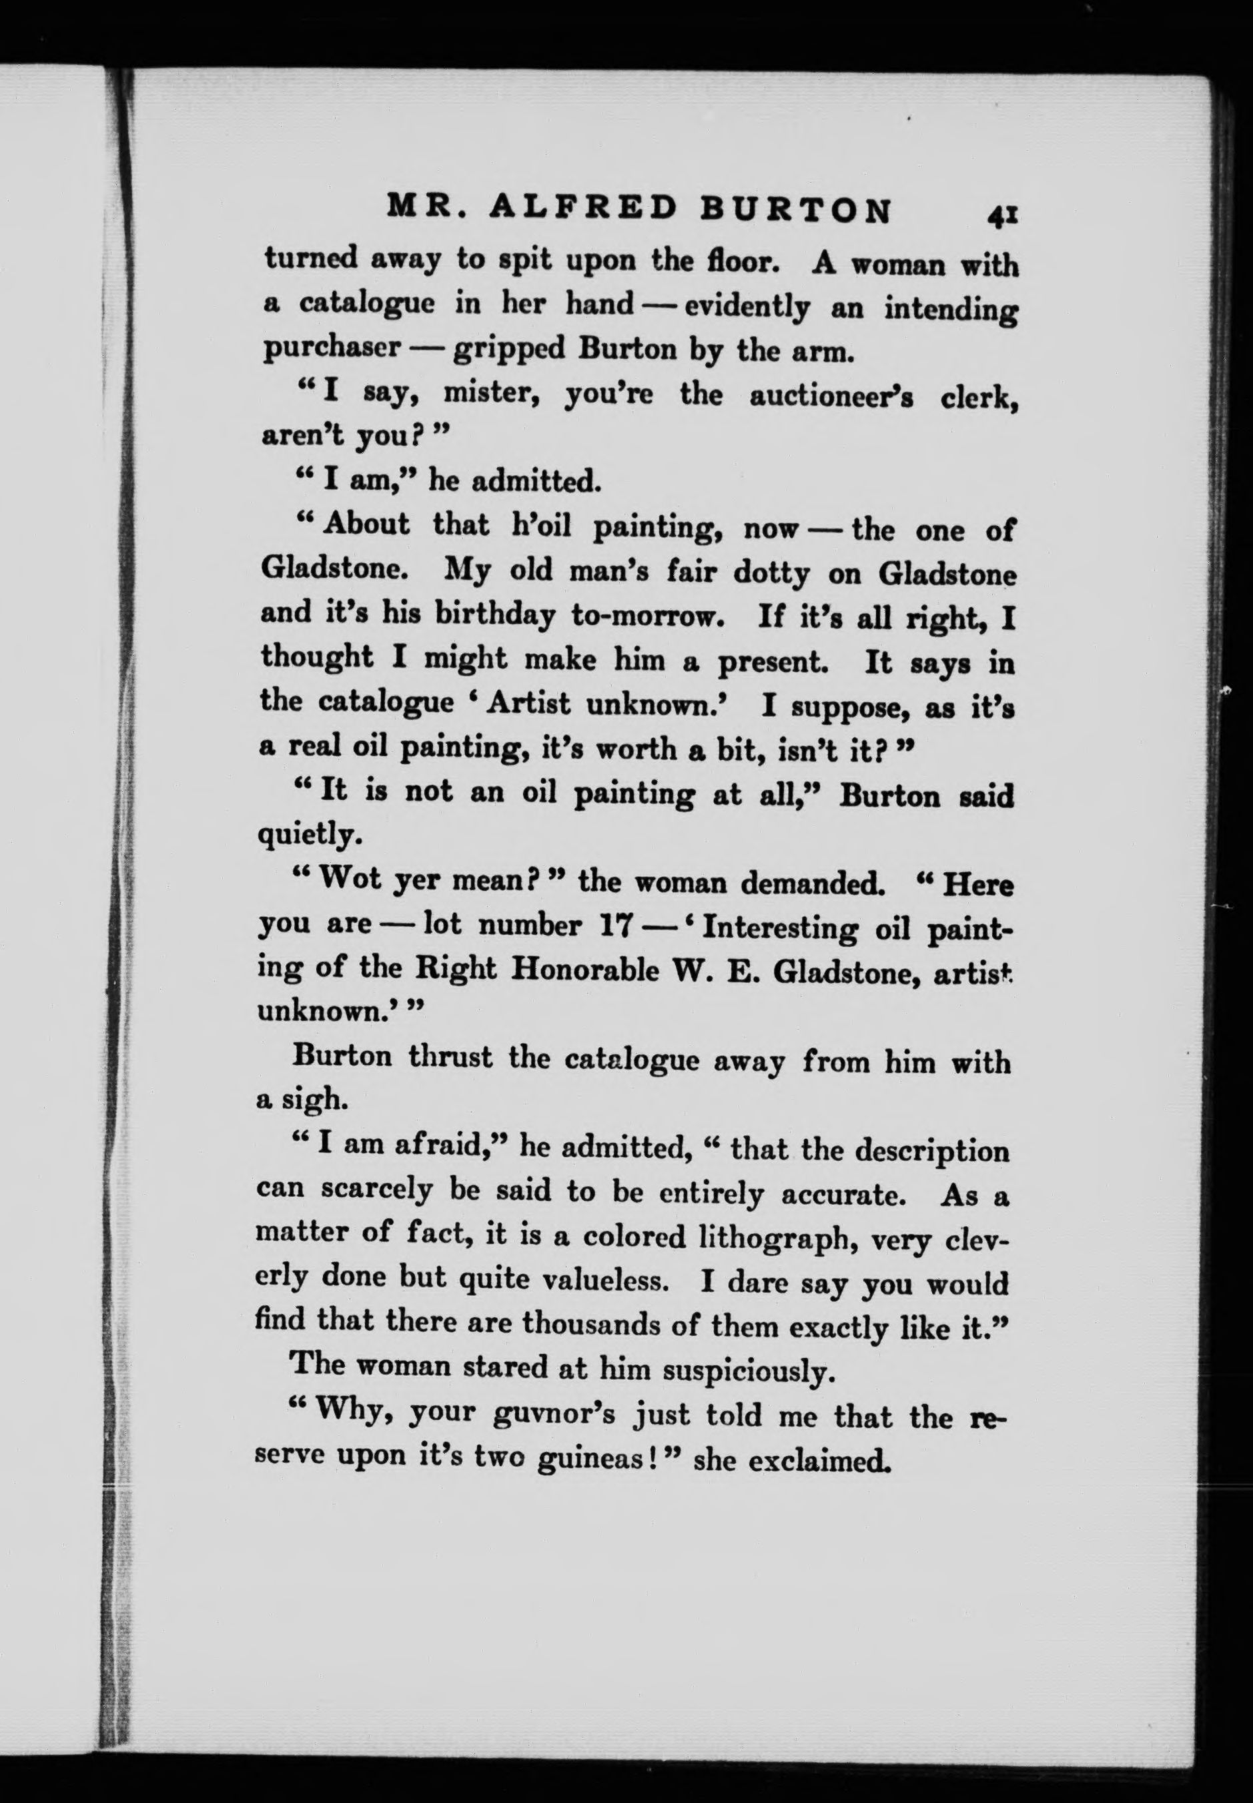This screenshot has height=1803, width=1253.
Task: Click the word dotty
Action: click(771, 574)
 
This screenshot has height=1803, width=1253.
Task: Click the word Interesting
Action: click(781, 927)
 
